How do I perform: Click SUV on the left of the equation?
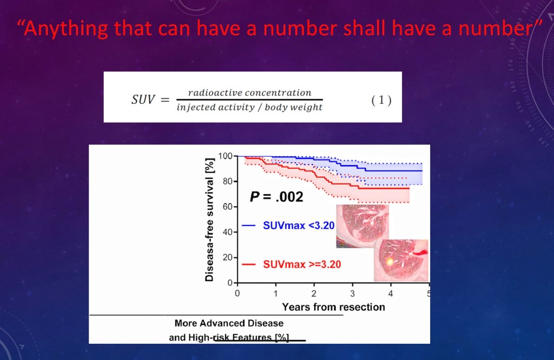tap(143, 100)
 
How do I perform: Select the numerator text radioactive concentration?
tap(249, 93)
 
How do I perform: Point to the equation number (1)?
tap(381, 101)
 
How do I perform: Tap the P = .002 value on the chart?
tap(276, 197)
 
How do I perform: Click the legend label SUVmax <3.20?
tap(299, 225)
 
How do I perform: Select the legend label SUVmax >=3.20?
tap(302, 264)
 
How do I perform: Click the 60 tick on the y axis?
tap(227, 206)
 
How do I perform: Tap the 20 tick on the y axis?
tap(227, 257)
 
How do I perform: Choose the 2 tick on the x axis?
tap(314, 294)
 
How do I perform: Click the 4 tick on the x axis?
tap(391, 294)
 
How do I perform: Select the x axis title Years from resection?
tap(333, 307)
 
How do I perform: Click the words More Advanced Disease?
tap(229, 323)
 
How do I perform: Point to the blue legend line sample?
tap(249, 226)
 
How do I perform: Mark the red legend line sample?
tap(249, 265)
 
